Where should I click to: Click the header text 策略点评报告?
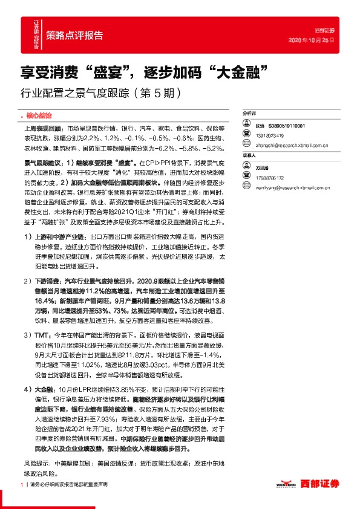[74, 34]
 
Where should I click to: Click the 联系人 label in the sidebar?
[249, 155]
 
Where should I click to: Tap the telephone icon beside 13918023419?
[246, 134]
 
